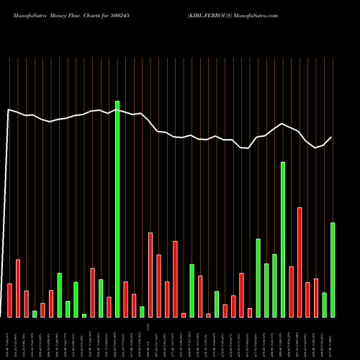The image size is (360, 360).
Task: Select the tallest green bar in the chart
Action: (117, 209)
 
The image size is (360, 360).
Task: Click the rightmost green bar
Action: (333, 270)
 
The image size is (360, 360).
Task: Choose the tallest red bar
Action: (300, 262)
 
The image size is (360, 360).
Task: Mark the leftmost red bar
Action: (9, 300)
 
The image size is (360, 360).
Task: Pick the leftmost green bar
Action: (35, 313)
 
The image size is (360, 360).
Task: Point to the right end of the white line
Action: (332, 137)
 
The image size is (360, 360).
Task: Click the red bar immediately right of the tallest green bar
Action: (126, 299)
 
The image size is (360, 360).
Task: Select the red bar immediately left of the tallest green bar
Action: (109, 307)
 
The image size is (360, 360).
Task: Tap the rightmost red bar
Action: (316, 297)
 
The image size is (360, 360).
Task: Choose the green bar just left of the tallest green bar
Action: (101, 298)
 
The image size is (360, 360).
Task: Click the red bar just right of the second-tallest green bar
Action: (292, 292)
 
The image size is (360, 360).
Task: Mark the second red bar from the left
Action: (18, 288)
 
